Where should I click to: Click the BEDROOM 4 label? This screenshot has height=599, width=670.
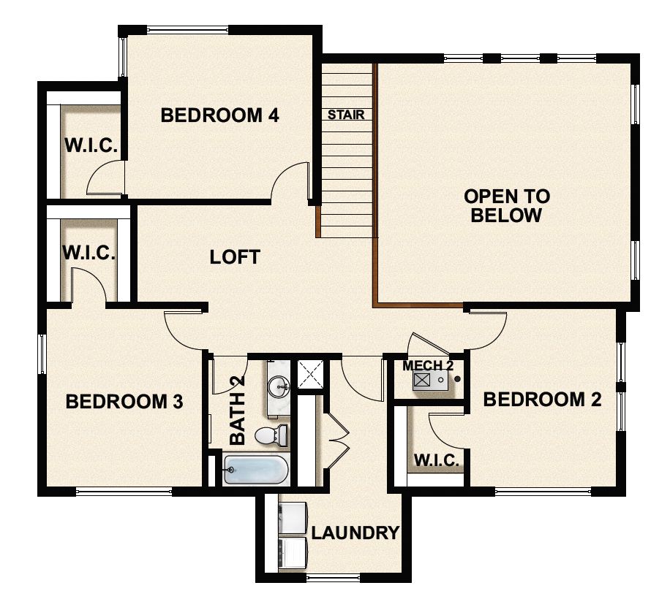[x=220, y=115]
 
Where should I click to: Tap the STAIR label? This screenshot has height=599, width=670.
[x=346, y=115]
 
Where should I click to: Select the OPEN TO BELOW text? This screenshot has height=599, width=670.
[x=507, y=205]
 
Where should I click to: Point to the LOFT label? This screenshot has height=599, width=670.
[x=235, y=257]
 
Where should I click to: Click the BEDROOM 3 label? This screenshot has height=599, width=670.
[x=124, y=401]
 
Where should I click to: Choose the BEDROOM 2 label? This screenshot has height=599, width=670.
[x=543, y=400]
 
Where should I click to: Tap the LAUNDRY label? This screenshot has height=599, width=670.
[x=355, y=533]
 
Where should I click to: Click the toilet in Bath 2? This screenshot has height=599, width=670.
[x=270, y=435]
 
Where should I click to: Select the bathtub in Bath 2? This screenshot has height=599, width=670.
[x=255, y=470]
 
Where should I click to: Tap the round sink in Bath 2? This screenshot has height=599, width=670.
[x=279, y=385]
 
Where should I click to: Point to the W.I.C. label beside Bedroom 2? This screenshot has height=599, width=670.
[x=437, y=460]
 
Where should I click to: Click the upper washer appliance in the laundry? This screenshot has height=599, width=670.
[x=294, y=516]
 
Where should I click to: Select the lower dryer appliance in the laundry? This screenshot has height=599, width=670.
[x=294, y=553]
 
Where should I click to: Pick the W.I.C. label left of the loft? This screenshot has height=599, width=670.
[x=89, y=253]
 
